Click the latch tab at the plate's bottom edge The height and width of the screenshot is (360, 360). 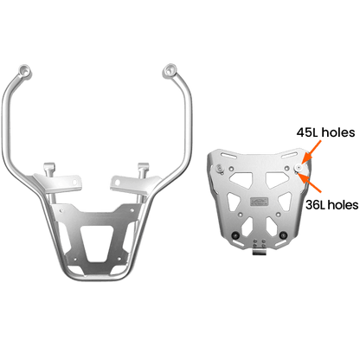259,253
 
